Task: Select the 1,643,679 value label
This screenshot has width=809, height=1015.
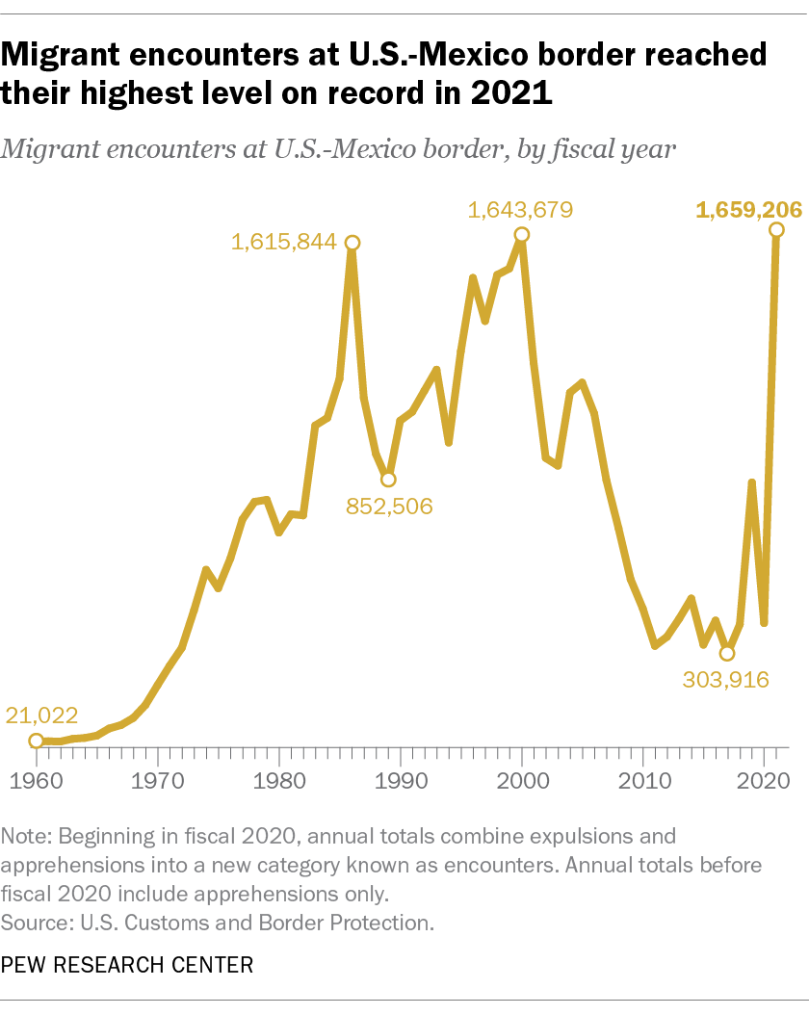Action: (x=520, y=209)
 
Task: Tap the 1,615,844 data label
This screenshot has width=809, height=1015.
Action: (x=283, y=243)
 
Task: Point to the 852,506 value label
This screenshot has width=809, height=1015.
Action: (x=390, y=506)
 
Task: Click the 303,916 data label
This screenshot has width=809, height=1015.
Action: (x=726, y=680)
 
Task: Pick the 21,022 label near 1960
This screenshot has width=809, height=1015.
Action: (x=41, y=715)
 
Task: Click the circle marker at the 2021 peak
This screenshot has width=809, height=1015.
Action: (x=777, y=230)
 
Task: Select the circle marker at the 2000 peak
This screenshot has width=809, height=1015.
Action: (x=522, y=234)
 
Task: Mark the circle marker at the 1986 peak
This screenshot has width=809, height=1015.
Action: (x=352, y=243)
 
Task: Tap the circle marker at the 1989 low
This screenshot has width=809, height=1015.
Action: (x=388, y=479)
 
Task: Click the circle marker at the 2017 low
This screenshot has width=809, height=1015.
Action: (x=728, y=653)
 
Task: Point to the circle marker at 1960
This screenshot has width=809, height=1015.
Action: (x=37, y=741)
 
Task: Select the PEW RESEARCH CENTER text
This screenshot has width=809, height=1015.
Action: (x=128, y=964)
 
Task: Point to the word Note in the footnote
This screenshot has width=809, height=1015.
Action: (x=23, y=834)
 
